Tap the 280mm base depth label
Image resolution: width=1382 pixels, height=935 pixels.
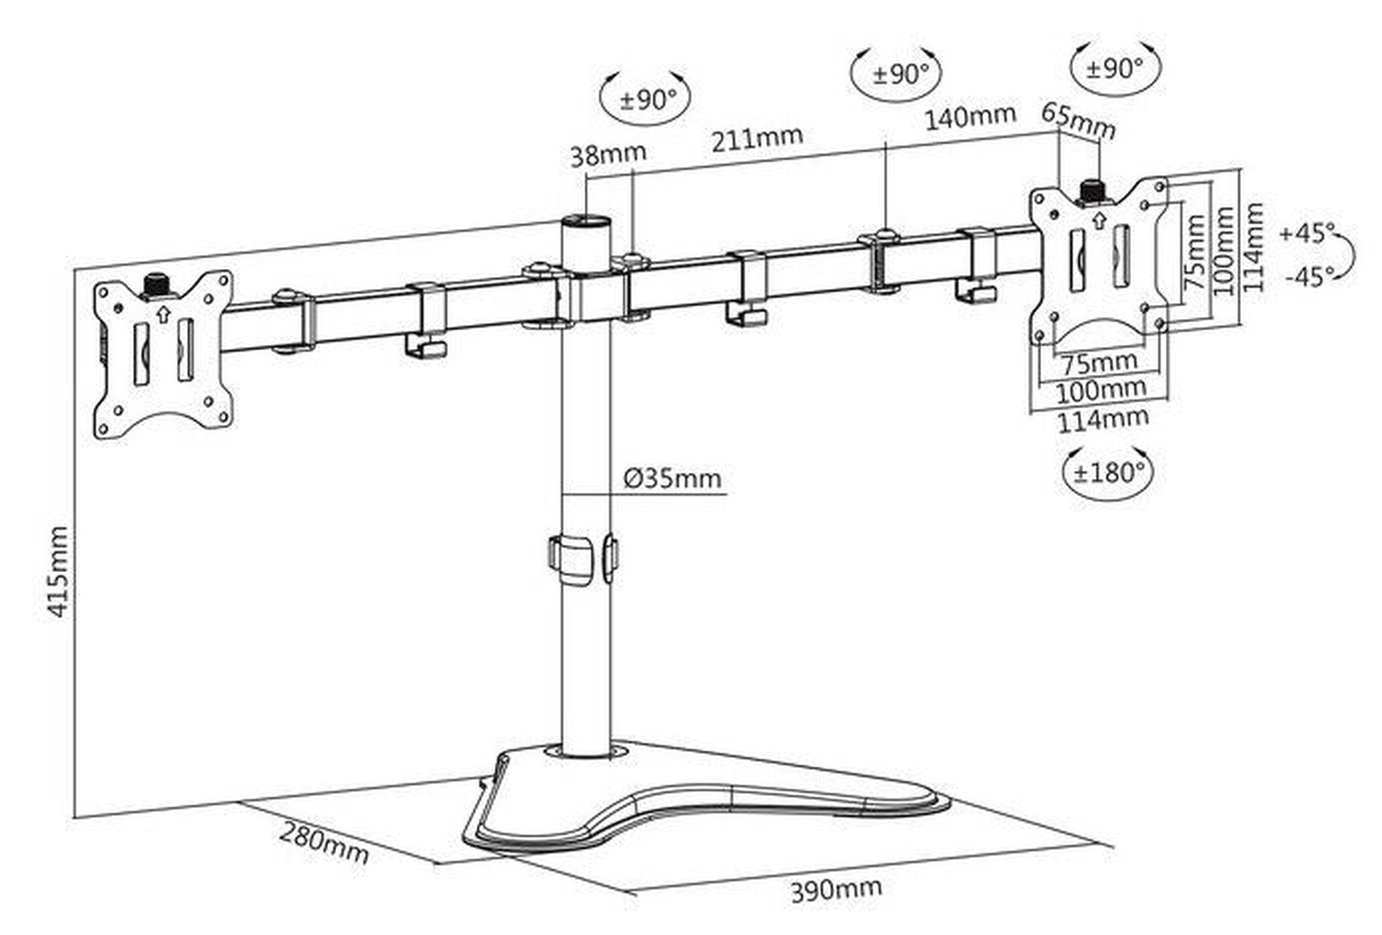pos(323,843)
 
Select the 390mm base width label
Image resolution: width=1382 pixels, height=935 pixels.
pos(836,889)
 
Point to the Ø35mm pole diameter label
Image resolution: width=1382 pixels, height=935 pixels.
pos(672,478)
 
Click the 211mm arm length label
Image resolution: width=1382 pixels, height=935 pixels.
pos(757,139)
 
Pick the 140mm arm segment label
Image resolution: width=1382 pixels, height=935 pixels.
pos(969,117)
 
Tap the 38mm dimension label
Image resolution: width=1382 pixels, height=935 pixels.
pos(607,155)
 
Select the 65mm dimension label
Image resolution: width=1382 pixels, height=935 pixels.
pos(1078,121)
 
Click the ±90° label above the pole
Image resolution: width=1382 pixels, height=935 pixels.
pos(645,101)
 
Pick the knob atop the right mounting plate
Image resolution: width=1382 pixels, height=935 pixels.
pos(1092,190)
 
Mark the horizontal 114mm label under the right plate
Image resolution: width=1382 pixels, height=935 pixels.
pos(1103,419)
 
